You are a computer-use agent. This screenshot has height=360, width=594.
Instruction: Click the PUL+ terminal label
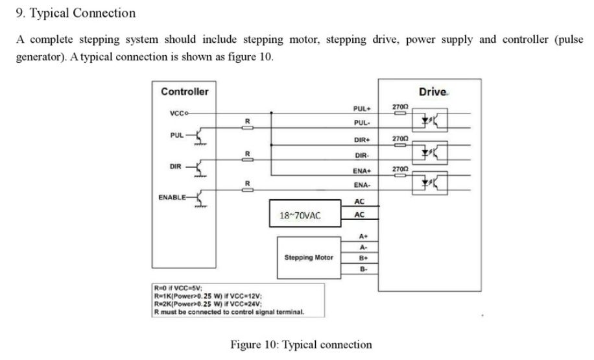pyautogui.click(x=361, y=109)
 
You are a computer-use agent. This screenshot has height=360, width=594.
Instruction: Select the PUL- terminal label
pyautogui.click(x=361, y=123)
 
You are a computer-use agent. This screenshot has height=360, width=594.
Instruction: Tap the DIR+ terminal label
pyautogui.click(x=361, y=140)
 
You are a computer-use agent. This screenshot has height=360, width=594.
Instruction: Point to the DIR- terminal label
pyautogui.click(x=361, y=156)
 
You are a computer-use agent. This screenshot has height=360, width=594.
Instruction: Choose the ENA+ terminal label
pyautogui.click(x=361, y=171)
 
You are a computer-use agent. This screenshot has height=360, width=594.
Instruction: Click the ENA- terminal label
pyautogui.click(x=361, y=186)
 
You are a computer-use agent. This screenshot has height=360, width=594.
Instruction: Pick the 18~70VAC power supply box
pyautogui.click(x=300, y=215)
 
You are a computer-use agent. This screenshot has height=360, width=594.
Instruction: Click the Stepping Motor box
pyautogui.click(x=308, y=257)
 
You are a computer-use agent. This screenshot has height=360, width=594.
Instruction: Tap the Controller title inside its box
pyautogui.click(x=185, y=91)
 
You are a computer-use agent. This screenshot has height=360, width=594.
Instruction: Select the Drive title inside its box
pyautogui.click(x=433, y=91)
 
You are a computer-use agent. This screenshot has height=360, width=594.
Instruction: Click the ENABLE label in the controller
pyautogui.click(x=173, y=196)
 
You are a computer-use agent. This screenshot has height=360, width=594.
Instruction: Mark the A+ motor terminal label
pyautogui.click(x=363, y=237)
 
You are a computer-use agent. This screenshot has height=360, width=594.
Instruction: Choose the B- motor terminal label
pyautogui.click(x=363, y=269)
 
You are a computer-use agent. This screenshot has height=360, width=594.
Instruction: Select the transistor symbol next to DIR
pyautogui.click(x=200, y=168)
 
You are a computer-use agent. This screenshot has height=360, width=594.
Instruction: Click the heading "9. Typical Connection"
pyautogui.click(x=76, y=13)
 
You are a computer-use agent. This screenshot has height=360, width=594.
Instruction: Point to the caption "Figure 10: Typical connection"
pyautogui.click(x=302, y=344)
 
